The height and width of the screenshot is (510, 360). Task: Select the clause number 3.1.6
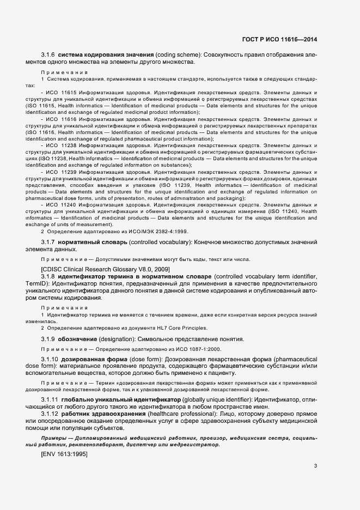point(48,55)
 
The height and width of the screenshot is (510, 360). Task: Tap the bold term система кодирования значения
point(106,55)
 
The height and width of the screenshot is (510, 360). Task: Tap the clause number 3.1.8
point(48,277)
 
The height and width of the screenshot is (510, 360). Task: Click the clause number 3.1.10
point(50,361)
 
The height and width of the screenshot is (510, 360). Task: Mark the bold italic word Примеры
point(54,438)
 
